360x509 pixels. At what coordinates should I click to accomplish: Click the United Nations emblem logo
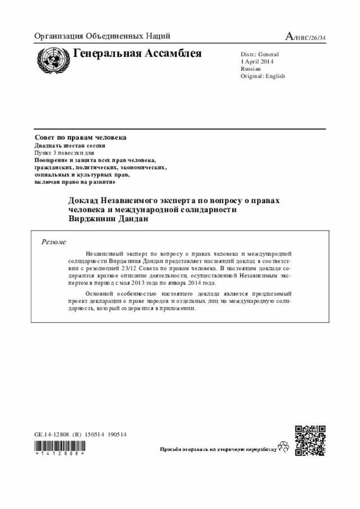[51, 58]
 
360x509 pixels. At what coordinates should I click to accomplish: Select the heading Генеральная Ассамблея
[137, 54]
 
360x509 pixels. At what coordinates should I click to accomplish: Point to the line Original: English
[263, 76]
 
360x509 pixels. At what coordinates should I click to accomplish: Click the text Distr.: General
[259, 55]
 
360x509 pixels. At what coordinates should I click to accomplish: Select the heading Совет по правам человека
[80, 138]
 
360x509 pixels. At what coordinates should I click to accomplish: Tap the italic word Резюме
[54, 242]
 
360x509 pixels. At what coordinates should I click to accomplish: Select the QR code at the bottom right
[310, 440]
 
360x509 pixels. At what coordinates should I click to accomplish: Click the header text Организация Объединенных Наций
[102, 37]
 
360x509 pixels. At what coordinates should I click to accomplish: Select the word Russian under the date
[251, 69]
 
